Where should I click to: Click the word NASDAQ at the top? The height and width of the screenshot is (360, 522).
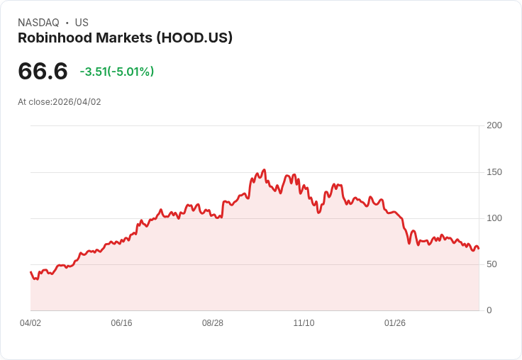click(x=38, y=23)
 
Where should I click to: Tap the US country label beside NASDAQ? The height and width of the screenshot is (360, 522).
click(x=82, y=23)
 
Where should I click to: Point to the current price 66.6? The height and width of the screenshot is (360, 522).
click(x=43, y=72)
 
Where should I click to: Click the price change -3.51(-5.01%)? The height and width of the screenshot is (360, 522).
click(x=117, y=72)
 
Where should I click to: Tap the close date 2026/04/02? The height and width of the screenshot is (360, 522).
click(x=77, y=102)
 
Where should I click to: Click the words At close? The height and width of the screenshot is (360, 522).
click(x=34, y=102)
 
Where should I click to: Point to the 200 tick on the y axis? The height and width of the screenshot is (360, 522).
click(x=494, y=125)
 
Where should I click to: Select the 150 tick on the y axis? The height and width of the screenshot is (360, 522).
click(x=494, y=172)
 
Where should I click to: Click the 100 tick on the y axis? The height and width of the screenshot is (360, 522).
click(x=494, y=218)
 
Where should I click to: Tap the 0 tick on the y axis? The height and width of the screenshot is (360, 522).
click(x=489, y=310)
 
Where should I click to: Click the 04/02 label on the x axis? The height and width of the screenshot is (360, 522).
click(x=30, y=323)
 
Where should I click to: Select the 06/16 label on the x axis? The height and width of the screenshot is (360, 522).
click(x=121, y=323)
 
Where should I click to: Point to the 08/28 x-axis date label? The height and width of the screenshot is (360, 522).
click(x=213, y=323)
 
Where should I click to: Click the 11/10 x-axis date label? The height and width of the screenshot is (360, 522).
click(x=304, y=323)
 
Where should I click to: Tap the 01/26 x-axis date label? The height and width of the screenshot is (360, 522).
click(x=395, y=323)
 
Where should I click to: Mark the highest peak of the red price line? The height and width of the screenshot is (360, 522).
click(x=264, y=170)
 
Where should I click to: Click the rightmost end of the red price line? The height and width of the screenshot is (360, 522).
click(x=478, y=248)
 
